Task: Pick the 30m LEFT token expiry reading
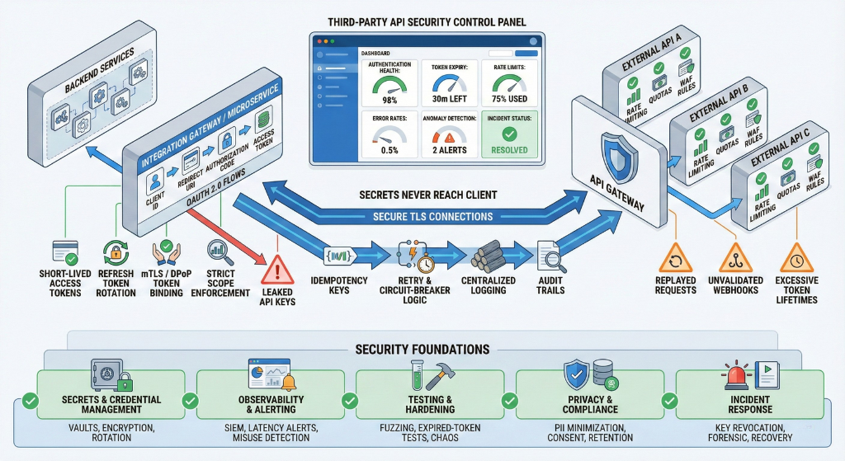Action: (x=449, y=101)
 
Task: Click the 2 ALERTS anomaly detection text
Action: (x=449, y=151)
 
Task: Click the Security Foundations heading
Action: (x=422, y=350)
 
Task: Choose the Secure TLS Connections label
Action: (x=427, y=217)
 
